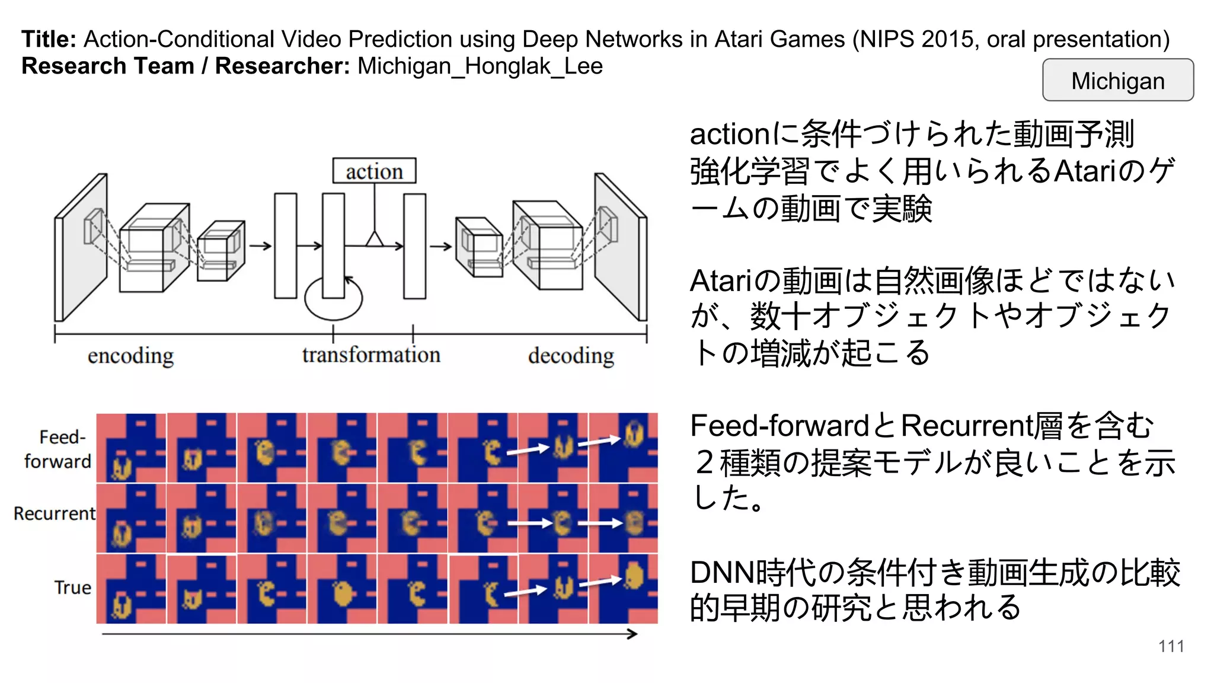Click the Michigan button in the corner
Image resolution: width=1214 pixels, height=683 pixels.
1117,80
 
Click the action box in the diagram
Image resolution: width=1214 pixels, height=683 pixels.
374,171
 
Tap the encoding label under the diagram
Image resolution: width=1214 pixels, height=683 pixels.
130,356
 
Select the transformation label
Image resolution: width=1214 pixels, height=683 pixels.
371,355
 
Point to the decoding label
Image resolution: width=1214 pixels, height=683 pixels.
571,356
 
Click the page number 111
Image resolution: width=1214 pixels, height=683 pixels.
1171,646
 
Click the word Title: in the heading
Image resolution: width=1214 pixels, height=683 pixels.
49,39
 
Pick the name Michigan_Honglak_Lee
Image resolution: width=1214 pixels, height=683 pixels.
480,66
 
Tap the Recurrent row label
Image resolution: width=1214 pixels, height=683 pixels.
54,513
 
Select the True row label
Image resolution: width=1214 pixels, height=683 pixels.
72,587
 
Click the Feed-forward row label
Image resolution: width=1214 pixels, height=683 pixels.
57,449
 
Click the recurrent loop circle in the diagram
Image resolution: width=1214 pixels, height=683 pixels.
333,299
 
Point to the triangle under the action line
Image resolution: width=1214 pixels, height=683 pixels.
374,239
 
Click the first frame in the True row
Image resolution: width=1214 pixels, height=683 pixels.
131,589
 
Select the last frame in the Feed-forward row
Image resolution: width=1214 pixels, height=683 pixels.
623,448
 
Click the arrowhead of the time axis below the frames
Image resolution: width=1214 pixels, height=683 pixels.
633,634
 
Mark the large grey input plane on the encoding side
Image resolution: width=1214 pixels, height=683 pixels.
82,248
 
